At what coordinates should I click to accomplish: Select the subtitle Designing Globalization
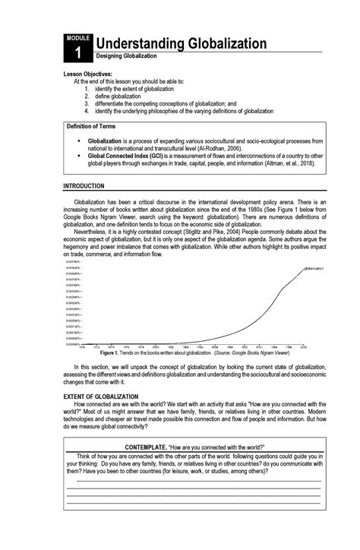click(x=126, y=57)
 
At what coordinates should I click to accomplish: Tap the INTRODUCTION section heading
click(x=84, y=186)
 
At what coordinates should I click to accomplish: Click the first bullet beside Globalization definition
click(x=79, y=141)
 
